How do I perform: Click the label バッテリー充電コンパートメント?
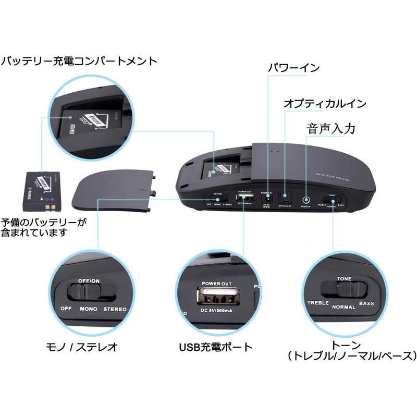point(79,62)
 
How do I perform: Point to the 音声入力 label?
point(331,128)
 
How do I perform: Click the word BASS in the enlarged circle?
point(367,303)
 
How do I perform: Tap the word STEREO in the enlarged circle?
point(115,309)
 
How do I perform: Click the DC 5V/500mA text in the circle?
point(217,312)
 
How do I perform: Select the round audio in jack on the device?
point(306,199)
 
